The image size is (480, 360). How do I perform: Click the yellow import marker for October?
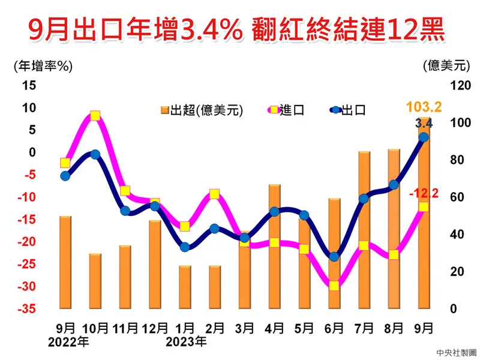95,116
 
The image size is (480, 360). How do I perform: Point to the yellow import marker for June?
334,286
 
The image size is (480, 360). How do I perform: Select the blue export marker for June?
334,257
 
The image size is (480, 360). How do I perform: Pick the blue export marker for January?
185,247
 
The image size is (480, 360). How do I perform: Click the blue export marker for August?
394,185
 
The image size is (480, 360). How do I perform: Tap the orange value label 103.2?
424,107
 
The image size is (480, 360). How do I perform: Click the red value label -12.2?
424,193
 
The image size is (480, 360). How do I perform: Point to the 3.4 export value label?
424,124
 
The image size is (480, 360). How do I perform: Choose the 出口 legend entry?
348,110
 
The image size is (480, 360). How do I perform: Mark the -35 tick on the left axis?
26,309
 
